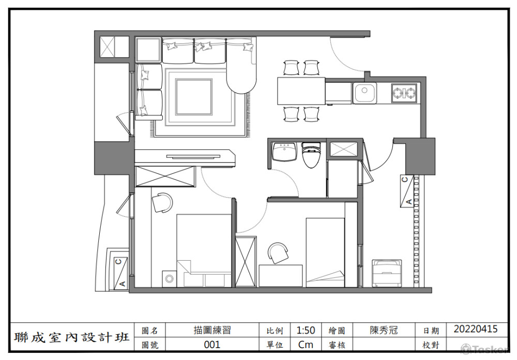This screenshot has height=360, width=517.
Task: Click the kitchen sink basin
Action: coord(364,93)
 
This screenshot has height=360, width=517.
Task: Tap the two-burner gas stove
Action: coord(405,93)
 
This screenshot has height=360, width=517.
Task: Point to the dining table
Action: coord(301,91)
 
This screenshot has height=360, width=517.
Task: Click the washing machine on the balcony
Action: coord(387,273)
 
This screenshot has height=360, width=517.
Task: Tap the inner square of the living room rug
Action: coord(193,97)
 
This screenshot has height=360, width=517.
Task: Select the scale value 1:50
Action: coord(306,330)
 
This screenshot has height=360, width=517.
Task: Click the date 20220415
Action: coord(476,329)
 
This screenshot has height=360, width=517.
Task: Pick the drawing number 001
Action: coord(212,344)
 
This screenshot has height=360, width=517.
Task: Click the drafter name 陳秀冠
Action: coord(384,330)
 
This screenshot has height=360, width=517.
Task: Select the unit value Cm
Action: coord(306,344)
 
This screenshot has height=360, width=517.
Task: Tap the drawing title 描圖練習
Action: coord(212,330)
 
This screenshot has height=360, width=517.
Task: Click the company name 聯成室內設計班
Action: coord(71,337)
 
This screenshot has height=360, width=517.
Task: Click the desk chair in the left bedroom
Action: coord(162,202)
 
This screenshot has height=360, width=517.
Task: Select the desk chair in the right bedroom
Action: coord(278,253)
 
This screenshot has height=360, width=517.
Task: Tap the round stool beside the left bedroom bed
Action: coord(169,279)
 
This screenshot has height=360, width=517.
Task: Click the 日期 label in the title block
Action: coord(431,331)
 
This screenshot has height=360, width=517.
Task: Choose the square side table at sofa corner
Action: coord(148,50)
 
